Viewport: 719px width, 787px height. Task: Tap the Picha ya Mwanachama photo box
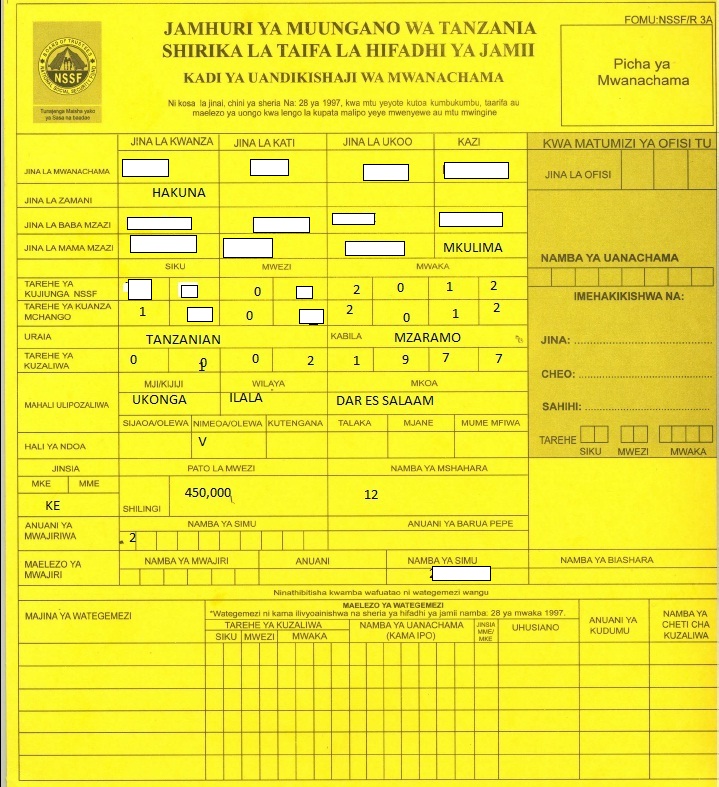pos(632,72)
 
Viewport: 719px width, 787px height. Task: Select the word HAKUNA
pos(178,193)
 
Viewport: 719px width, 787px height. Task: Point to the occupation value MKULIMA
pos(472,247)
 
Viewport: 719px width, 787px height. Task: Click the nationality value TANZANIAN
pos(183,339)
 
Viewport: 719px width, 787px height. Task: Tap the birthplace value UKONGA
pos(159,399)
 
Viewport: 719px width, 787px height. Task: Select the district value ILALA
pos(246,399)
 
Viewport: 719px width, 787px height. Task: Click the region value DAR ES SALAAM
pos(385,400)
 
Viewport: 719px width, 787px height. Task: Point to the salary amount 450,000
pos(208,492)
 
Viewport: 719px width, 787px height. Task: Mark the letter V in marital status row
pos(202,441)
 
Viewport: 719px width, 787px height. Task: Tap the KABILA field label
pos(346,337)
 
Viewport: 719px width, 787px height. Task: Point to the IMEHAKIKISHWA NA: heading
pos(627,296)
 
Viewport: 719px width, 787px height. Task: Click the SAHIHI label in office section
pos(558,407)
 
